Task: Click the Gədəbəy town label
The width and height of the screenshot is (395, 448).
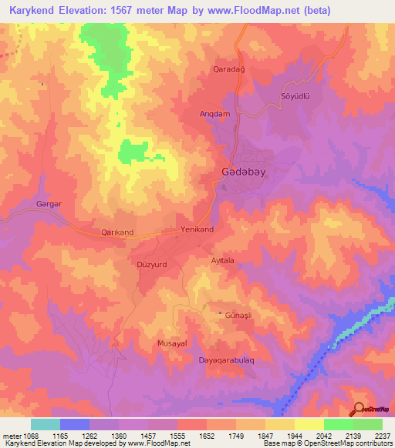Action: [x=243, y=172]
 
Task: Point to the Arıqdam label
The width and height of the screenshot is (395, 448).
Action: [x=215, y=114]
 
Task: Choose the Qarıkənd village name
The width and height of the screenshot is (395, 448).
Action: [x=117, y=232]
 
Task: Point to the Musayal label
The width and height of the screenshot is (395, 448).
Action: [x=172, y=343]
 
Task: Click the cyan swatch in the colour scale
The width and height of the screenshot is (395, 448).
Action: [x=46, y=424]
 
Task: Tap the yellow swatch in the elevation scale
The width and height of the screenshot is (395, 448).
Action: [x=309, y=424]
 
